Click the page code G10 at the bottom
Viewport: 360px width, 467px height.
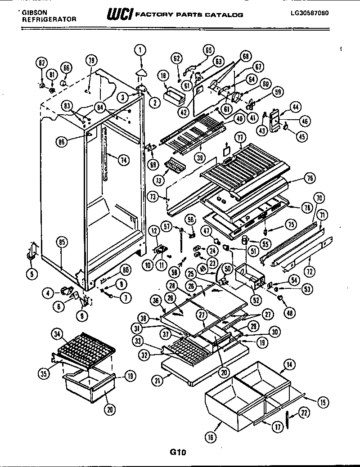click(x=178, y=453)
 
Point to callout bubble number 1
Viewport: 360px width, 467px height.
click(x=140, y=50)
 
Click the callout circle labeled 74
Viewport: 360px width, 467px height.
click(x=123, y=158)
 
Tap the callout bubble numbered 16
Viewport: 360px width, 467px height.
click(x=211, y=436)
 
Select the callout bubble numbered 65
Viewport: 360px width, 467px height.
click(x=209, y=50)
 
